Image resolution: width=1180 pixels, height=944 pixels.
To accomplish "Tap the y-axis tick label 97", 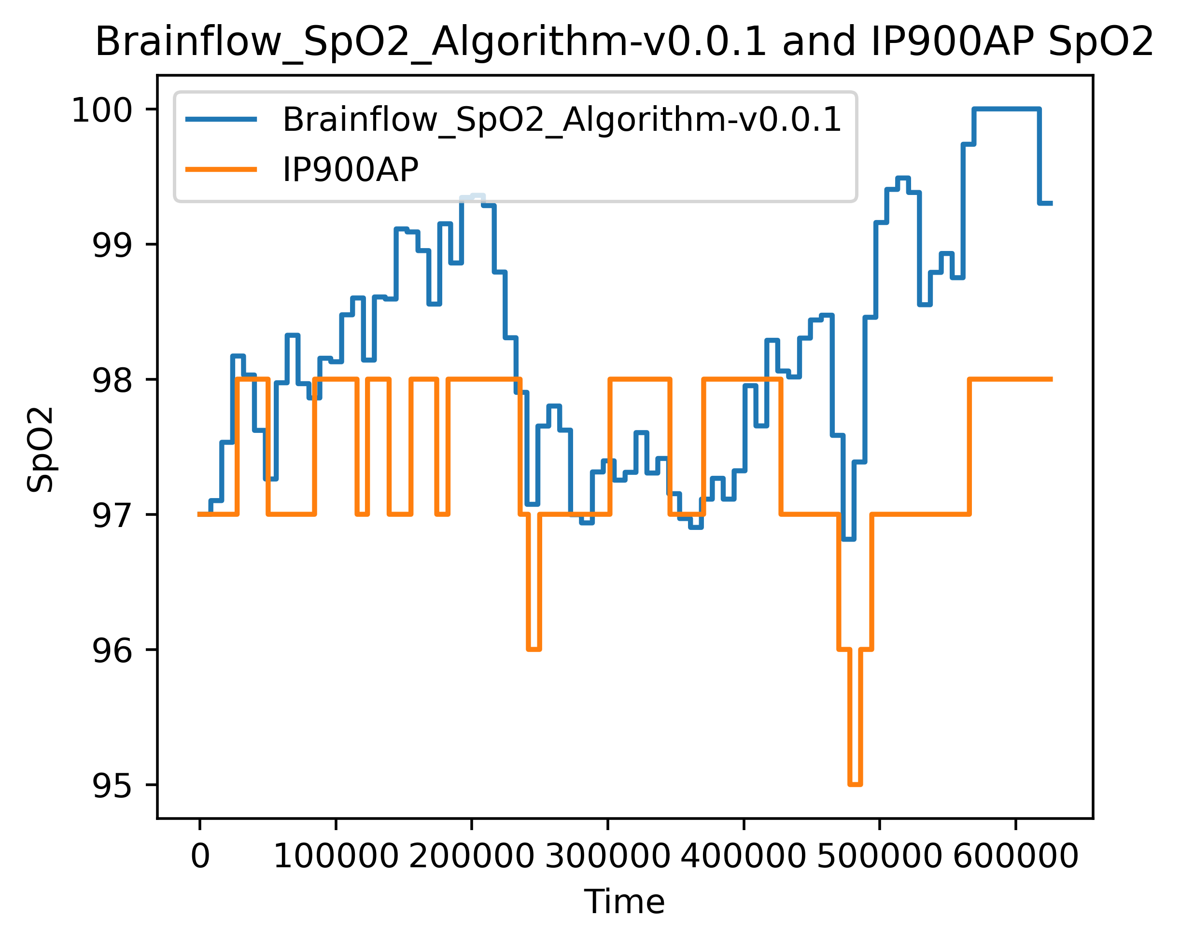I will pyautogui.click(x=112, y=516).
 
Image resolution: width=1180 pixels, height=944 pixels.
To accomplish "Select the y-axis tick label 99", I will pyautogui.click(x=112, y=246).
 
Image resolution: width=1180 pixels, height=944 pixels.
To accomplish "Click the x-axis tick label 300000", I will pyautogui.click(x=607, y=857).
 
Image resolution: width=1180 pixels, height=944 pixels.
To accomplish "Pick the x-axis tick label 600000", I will pyautogui.click(x=1015, y=857).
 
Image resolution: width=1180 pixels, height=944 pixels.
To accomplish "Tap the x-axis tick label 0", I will pyautogui.click(x=200, y=857).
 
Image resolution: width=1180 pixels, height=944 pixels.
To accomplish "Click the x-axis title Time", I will pyautogui.click(x=624, y=902).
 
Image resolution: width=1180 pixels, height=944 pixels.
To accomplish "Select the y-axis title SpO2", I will pyautogui.click(x=41, y=450).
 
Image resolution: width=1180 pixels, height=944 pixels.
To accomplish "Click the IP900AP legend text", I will pyautogui.click(x=350, y=169).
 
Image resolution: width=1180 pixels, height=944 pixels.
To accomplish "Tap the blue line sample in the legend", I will pyautogui.click(x=221, y=119).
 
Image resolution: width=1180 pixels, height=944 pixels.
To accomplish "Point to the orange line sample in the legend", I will pyautogui.click(x=221, y=169).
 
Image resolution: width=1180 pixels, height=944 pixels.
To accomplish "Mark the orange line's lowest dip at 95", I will pyautogui.click(x=855, y=784).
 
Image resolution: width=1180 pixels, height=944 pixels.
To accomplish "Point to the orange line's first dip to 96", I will pyautogui.click(x=534, y=649).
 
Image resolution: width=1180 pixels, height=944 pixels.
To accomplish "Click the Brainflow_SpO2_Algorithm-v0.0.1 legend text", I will pyautogui.click(x=562, y=119).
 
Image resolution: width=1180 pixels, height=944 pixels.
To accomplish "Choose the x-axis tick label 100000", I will pyautogui.click(x=336, y=857).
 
